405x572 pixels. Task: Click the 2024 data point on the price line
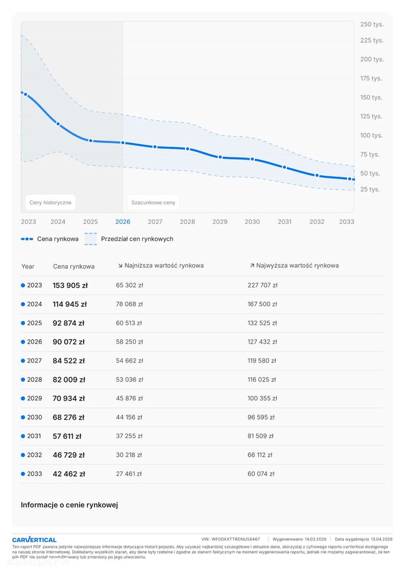[58, 124]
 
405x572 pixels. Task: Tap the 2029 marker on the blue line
[220, 157]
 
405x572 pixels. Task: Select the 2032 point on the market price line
[317, 175]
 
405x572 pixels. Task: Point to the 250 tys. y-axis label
[372, 25]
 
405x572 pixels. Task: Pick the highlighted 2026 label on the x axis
[123, 222]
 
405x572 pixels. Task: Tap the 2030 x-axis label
[252, 222]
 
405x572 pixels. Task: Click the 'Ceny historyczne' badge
[50, 203]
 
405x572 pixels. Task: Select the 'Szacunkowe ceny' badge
[153, 203]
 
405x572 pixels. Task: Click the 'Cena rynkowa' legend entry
[50, 239]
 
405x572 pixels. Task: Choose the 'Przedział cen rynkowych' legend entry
[129, 239]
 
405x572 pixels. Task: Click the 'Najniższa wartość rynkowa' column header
[160, 266]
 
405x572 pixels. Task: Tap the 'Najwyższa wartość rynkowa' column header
[294, 266]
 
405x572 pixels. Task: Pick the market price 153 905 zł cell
[70, 285]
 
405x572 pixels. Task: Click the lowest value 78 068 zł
[129, 304]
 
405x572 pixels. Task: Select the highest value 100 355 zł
[262, 399]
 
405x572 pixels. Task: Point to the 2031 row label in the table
[34, 436]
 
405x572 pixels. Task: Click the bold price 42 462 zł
[69, 474]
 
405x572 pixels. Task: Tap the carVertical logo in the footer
[34, 539]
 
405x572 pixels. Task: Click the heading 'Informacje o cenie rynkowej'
[69, 505]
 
